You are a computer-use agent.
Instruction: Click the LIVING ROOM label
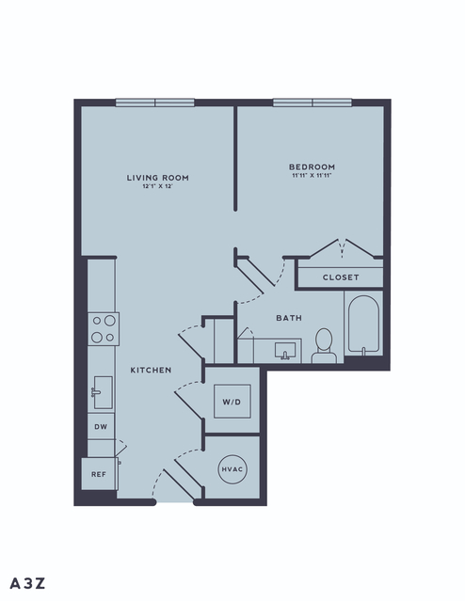[158, 178]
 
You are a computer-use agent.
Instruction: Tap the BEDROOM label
[312, 167]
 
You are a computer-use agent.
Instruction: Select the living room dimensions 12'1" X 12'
[158, 186]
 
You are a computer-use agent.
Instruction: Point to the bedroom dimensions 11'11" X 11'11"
[312, 176]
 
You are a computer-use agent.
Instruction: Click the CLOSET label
[341, 277]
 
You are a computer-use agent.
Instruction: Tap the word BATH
[289, 318]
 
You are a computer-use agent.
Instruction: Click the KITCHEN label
[151, 370]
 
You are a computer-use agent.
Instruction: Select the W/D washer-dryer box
[232, 402]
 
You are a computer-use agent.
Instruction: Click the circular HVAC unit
[232, 469]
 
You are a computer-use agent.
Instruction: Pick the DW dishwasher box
[101, 427]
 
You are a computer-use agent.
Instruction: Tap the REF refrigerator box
[99, 474]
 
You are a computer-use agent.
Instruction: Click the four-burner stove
[104, 329]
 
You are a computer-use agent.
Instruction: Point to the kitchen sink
[103, 392]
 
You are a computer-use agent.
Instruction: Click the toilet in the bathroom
[324, 346]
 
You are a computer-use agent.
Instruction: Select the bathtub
[363, 324]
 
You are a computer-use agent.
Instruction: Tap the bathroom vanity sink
[284, 351]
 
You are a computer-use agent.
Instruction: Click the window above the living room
[155, 103]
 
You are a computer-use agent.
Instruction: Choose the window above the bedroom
[313, 103]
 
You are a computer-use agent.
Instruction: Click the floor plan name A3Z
[27, 583]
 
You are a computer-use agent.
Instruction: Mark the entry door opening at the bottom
[174, 501]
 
